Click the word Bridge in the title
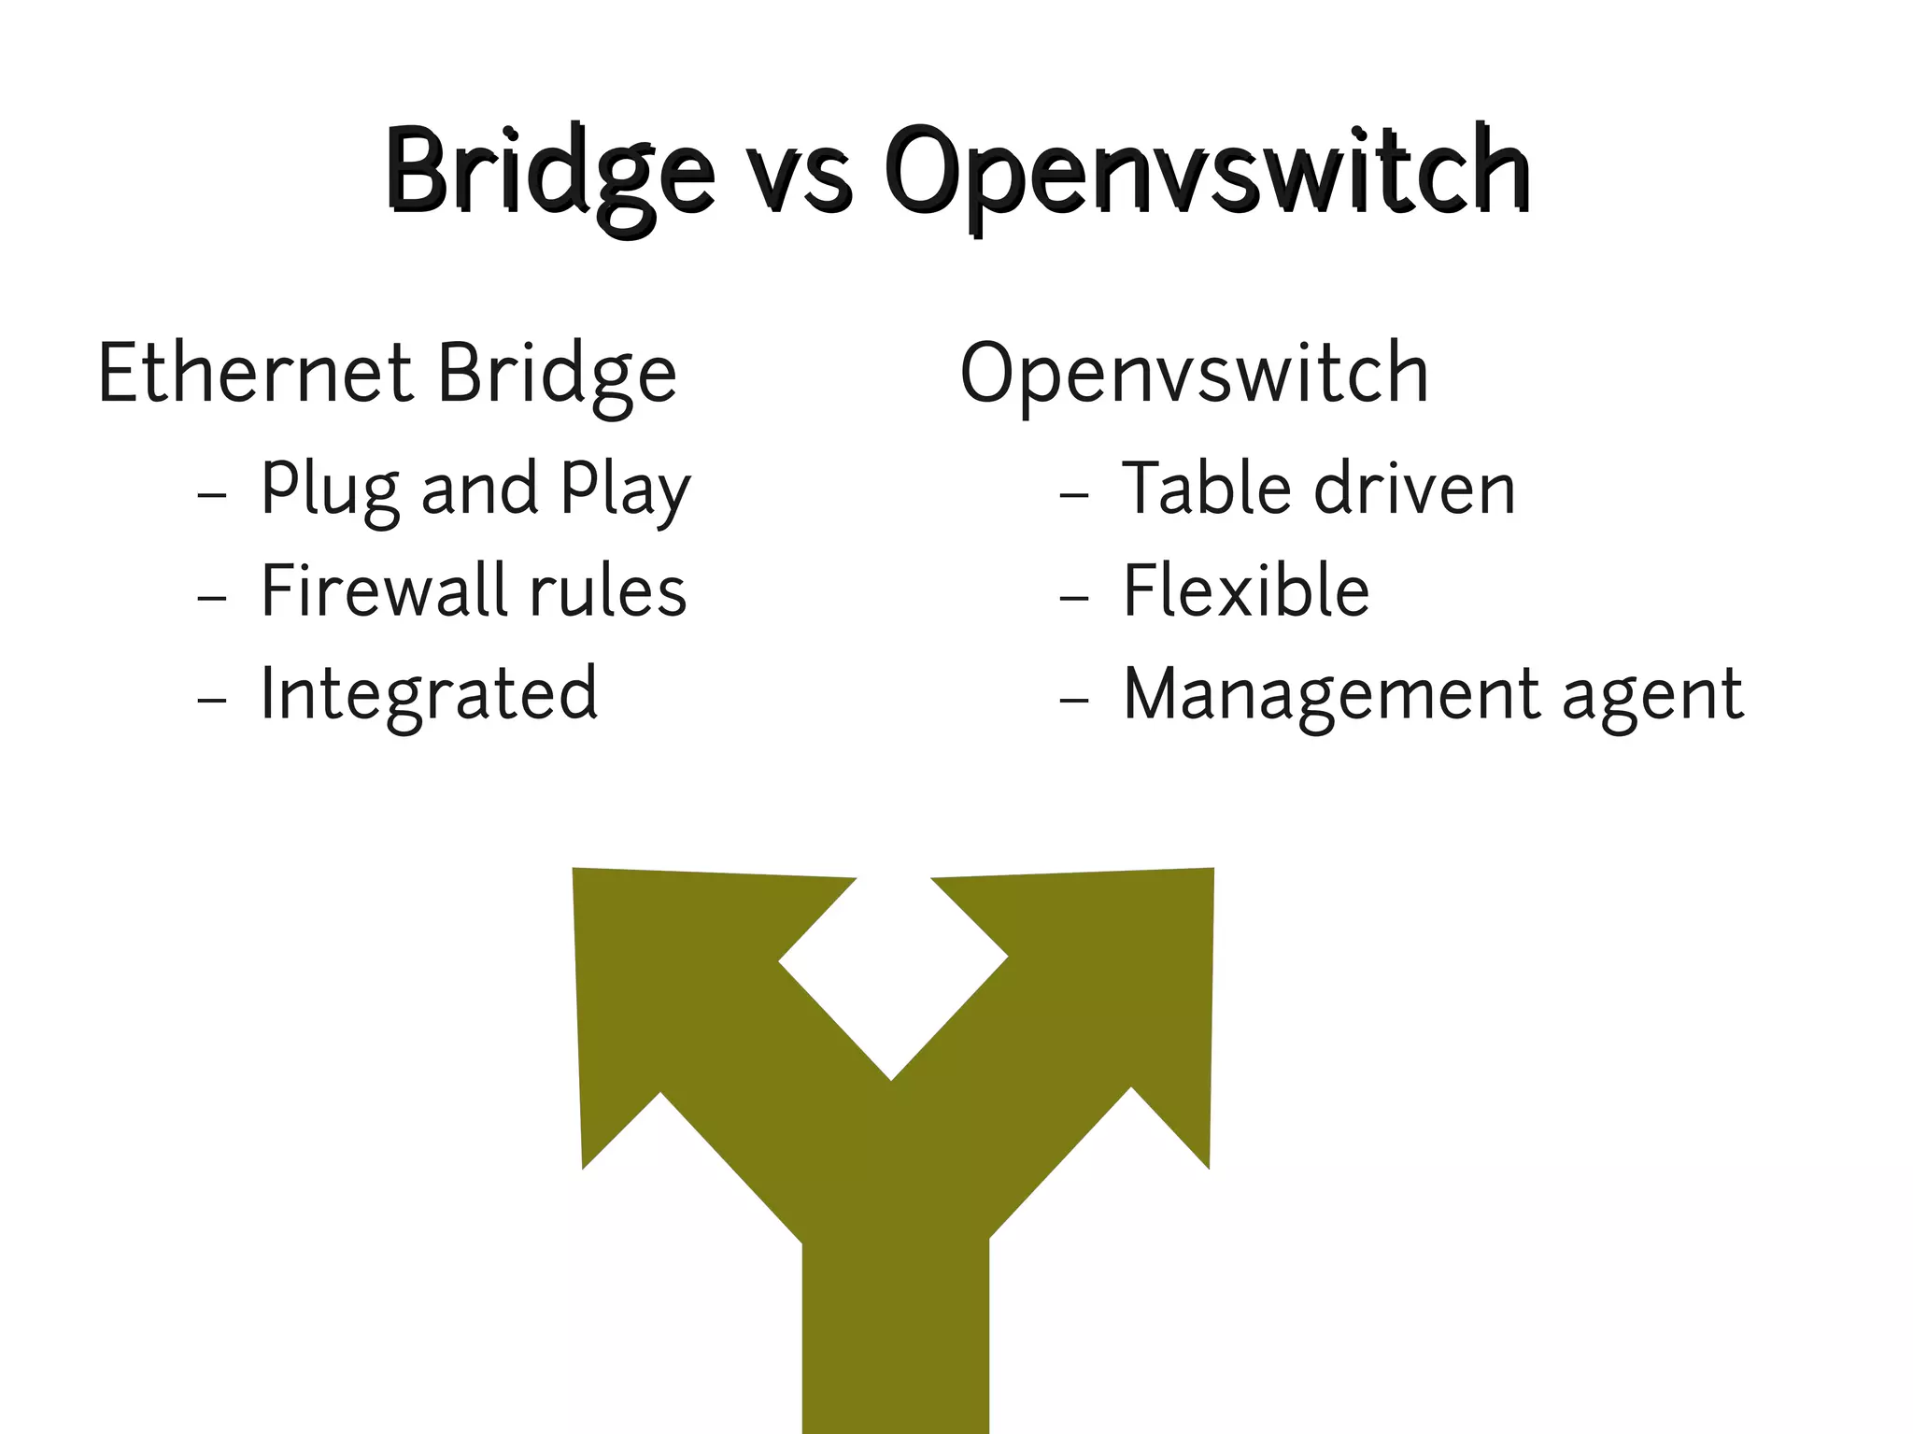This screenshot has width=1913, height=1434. (x=549, y=173)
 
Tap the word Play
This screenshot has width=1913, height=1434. (x=625, y=490)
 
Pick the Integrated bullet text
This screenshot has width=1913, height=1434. (x=429, y=695)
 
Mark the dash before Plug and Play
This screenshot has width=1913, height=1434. (x=213, y=492)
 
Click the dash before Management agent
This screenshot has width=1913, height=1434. (x=1074, y=698)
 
